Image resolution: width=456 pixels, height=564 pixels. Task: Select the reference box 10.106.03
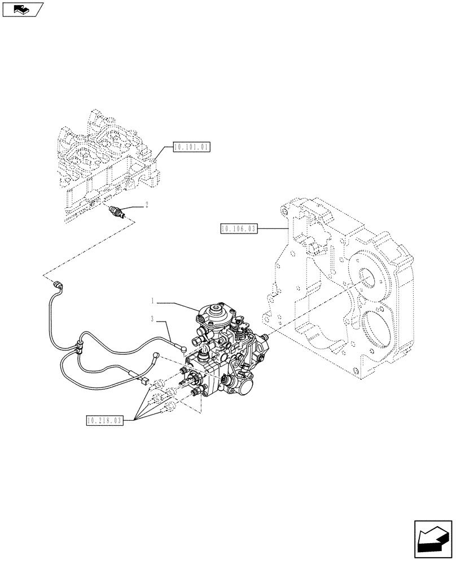[x=237, y=228]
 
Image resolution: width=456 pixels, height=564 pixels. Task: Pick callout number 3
[x=152, y=320]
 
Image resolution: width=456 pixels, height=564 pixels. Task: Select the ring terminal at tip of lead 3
[x=183, y=348]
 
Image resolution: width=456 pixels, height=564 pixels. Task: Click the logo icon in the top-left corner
[x=23, y=9]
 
